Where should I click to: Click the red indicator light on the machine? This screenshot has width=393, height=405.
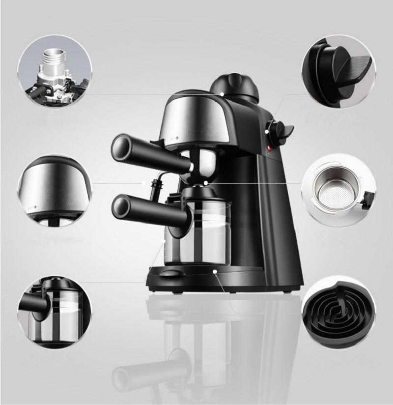coord(269,147)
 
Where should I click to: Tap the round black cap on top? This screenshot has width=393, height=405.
coord(234,87)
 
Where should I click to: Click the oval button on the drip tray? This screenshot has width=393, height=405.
coord(169,273)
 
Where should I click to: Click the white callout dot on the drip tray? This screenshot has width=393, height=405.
coord(215,271)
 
